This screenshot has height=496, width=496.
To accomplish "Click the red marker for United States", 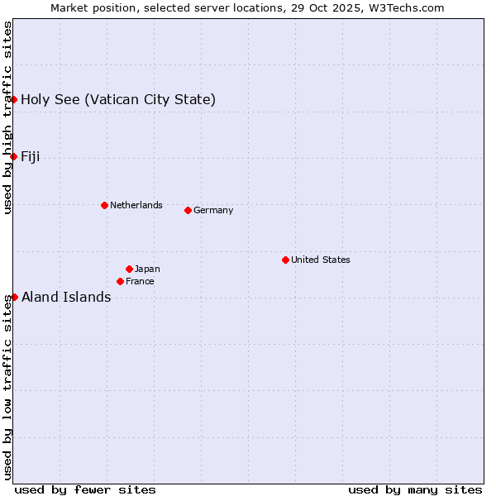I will pos(285,260).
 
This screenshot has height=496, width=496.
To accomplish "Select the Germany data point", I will pos(188,210).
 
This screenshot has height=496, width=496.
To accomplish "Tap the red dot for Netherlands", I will pos(104,205).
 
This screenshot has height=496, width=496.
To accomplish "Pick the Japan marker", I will pos(129,269).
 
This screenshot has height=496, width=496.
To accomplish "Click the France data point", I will pos(120,281).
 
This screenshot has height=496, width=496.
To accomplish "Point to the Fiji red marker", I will pos(13,156).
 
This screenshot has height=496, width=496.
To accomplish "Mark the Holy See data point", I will pos(13,99).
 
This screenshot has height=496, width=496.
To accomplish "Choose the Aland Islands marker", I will pos(13,297).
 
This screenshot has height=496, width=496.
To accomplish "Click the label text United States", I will pos(321,260).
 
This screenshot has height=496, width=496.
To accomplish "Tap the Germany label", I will pos(213,210).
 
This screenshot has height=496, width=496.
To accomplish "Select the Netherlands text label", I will pos(136,205).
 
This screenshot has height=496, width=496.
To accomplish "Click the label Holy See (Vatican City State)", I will pos(118,100).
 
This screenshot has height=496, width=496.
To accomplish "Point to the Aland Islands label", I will pos(66,298).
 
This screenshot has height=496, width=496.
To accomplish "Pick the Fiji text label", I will pos(31,157).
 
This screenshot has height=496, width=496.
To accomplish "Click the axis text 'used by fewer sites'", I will pos(85,489).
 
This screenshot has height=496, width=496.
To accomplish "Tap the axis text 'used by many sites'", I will pos(415,489).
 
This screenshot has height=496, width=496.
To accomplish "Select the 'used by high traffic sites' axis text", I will pos(7,117).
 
